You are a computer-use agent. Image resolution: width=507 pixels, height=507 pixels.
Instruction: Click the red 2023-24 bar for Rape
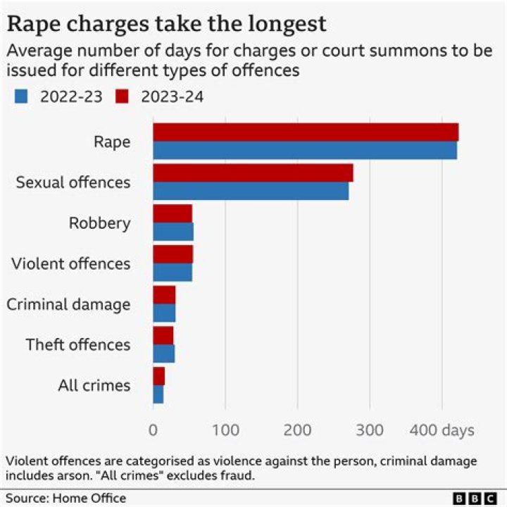(x=306, y=132)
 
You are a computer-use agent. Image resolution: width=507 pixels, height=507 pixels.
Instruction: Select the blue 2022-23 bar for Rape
(x=305, y=151)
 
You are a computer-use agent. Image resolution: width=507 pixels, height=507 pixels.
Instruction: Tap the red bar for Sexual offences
(x=253, y=173)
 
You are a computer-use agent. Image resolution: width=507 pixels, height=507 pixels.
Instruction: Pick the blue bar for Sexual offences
(x=251, y=191)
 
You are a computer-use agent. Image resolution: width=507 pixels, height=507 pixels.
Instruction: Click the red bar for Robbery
(x=173, y=213)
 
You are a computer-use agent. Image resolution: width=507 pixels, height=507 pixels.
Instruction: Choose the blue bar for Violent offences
(x=173, y=273)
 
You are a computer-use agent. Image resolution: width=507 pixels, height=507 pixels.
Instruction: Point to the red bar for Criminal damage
(x=164, y=295)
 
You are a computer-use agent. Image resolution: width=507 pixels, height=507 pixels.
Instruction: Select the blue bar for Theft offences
(x=163, y=353)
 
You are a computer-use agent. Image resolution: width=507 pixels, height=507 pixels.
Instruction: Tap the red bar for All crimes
(x=158, y=376)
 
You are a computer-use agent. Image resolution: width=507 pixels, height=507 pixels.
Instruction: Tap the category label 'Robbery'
(x=99, y=223)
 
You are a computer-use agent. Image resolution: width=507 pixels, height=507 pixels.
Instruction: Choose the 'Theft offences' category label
(x=78, y=345)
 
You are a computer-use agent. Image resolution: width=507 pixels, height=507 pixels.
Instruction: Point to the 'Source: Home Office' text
(x=66, y=499)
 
